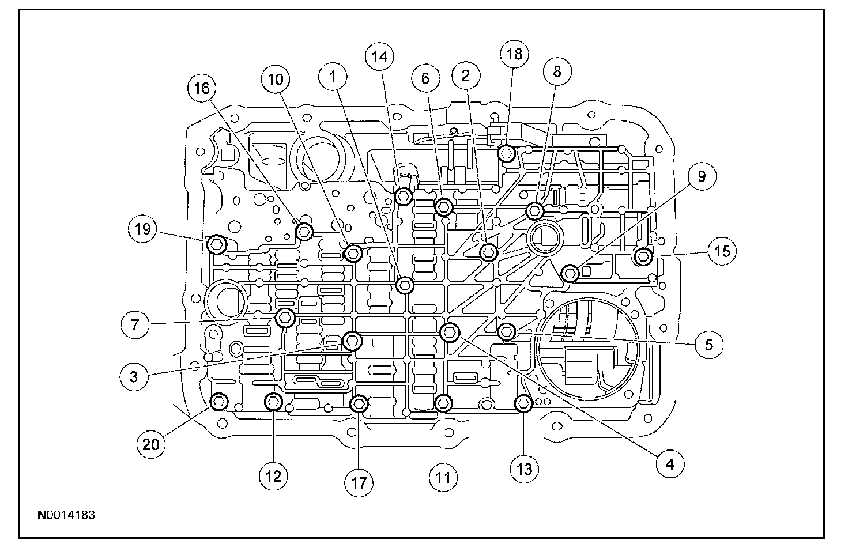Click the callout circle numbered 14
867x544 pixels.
[379, 56]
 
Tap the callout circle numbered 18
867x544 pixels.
[514, 54]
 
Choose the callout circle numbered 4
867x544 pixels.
[669, 464]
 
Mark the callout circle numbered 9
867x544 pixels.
[701, 176]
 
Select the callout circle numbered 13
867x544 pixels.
[524, 469]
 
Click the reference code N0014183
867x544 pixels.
[66, 515]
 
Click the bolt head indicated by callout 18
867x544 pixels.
[506, 153]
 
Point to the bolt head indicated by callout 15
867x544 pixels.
[643, 256]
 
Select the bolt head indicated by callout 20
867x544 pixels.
[220, 402]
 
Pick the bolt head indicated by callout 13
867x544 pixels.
[523, 404]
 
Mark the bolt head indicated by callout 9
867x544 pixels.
[570, 273]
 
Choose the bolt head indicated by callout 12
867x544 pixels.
[273, 402]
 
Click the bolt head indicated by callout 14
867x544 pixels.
[404, 197]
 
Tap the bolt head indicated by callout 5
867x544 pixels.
[506, 331]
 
